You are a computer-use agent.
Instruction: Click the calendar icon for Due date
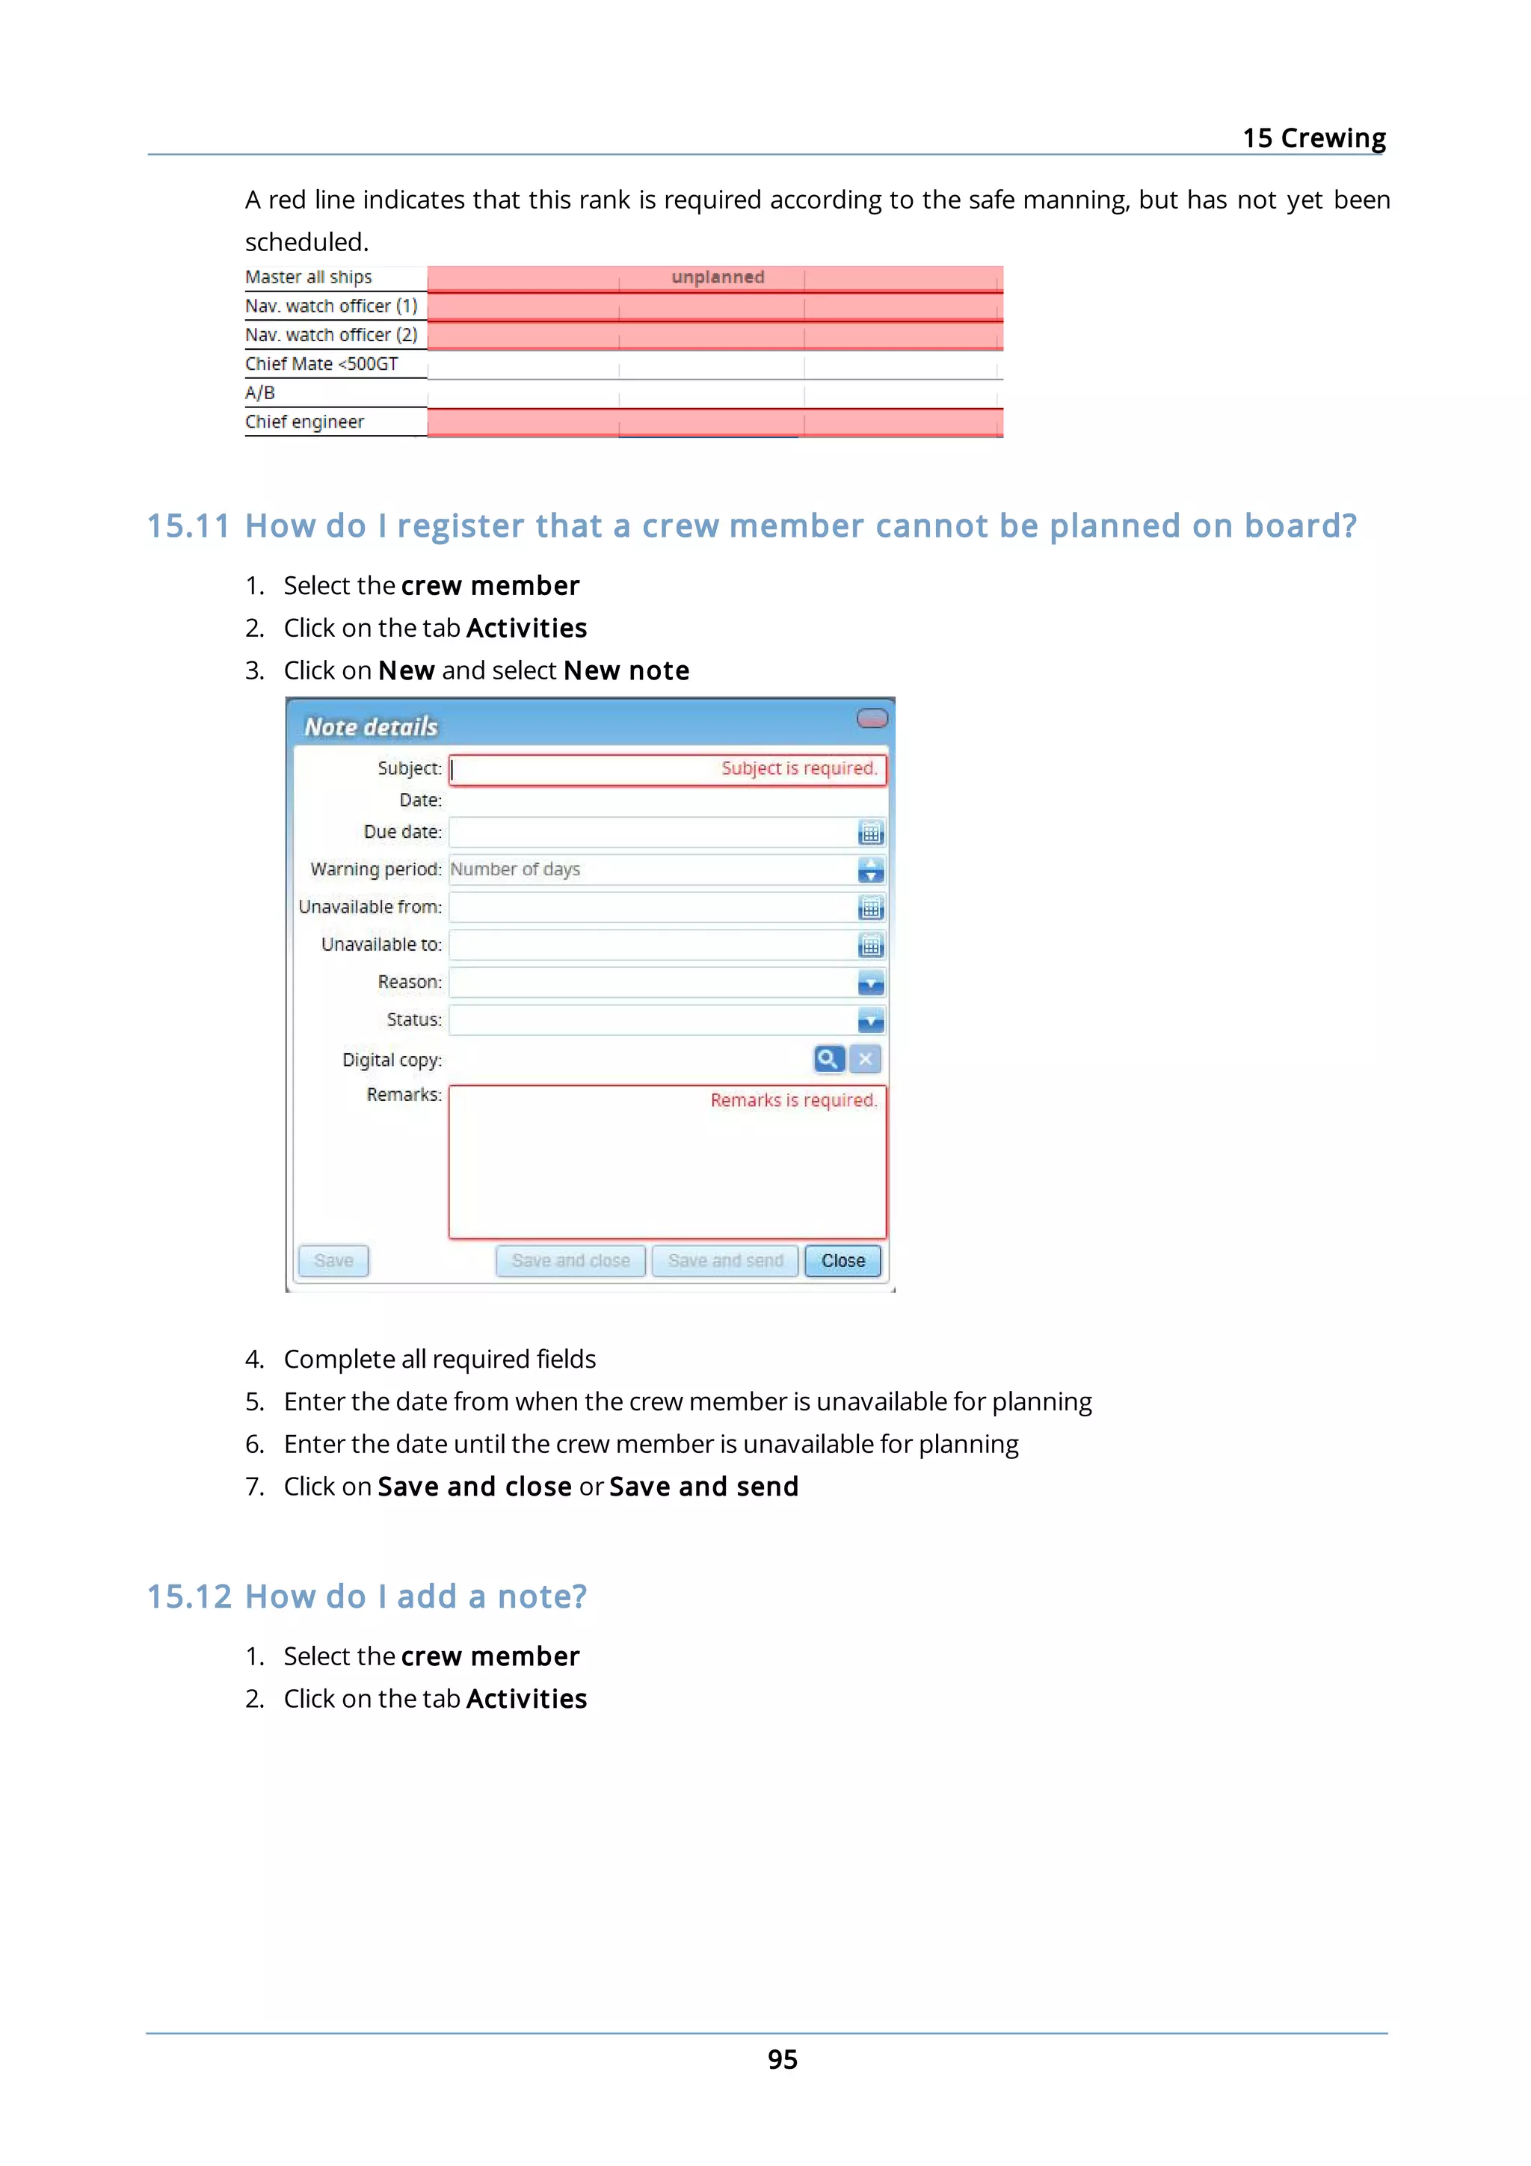pos(871,833)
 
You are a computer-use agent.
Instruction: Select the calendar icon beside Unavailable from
pos(871,907)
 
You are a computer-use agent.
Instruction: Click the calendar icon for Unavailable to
pos(871,945)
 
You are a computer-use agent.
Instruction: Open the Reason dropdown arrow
pos(871,983)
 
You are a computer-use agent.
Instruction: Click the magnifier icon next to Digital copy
pos(828,1058)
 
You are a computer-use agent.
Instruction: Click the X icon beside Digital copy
pos(865,1058)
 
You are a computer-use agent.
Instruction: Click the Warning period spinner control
pos(871,870)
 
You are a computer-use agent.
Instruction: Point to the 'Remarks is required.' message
pos(793,1100)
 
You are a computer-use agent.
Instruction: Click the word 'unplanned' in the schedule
pos(718,277)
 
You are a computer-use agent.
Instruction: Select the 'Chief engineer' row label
pos(305,422)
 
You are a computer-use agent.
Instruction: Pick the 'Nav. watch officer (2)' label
pos(331,335)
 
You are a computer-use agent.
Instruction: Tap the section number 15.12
pos(188,1596)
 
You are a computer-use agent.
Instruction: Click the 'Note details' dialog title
pos(371,726)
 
